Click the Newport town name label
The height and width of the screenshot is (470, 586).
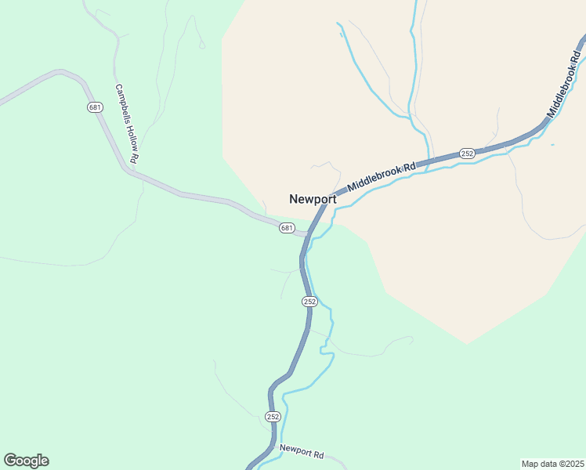point(313,199)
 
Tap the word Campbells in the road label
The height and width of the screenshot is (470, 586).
point(121,104)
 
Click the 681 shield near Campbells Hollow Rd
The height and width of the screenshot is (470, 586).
point(95,107)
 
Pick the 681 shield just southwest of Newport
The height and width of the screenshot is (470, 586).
point(287,228)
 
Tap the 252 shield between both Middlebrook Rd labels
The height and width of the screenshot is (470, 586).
point(467,154)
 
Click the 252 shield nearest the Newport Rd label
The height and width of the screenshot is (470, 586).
point(272,416)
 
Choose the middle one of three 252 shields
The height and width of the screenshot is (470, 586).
point(309,302)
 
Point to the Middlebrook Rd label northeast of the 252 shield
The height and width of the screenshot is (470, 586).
point(566,85)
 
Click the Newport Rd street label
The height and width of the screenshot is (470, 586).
point(302,454)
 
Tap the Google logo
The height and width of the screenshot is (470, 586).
point(26,461)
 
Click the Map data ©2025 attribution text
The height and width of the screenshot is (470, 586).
point(552,464)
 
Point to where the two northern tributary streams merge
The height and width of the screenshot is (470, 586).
point(411,117)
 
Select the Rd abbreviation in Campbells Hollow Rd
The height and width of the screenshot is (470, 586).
point(136,157)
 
